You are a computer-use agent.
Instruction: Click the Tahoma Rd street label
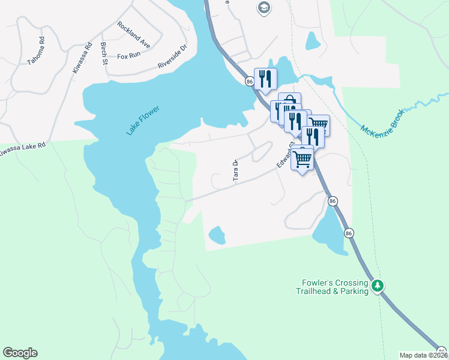pyautogui.click(x=37, y=51)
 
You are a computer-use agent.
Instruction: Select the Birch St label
pyautogui.click(x=104, y=54)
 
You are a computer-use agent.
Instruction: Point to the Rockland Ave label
pyautogui.click(x=134, y=35)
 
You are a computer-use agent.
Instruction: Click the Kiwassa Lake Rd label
pyautogui.click(x=22, y=150)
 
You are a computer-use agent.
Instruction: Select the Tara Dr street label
pyautogui.click(x=236, y=170)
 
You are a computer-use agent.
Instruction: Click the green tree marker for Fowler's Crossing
pyautogui.click(x=378, y=286)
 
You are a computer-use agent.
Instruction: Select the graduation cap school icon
pyautogui.click(x=263, y=8)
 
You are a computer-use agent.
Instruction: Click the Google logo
pyautogui.click(x=20, y=353)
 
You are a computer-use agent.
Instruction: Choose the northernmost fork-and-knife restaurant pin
pyautogui.click(x=265, y=79)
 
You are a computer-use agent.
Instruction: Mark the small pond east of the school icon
pyautogui.click(x=313, y=40)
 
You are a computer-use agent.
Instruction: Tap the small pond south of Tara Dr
pyautogui.click(x=216, y=235)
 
